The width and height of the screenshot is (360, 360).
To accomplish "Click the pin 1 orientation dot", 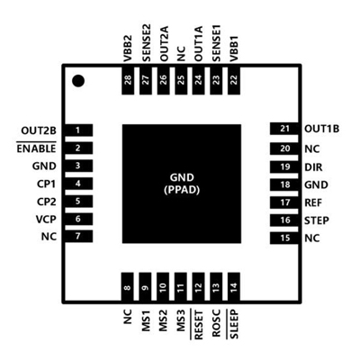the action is coord(78,81).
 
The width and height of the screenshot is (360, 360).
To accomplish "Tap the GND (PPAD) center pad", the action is coord(182,184).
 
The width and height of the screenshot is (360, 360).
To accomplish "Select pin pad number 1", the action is coord(78,130).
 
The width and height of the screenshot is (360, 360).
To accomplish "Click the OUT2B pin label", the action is coord(39,130).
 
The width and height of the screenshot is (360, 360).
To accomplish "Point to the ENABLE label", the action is coord(36,148).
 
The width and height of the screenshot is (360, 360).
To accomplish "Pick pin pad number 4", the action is coord(78,184).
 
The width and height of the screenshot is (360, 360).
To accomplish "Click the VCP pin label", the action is coord(46,220).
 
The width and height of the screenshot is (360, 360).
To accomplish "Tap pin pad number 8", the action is coord(128,287).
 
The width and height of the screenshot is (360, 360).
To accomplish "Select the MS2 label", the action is coord(163,320).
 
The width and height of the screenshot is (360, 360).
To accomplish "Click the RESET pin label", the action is coord(199,325).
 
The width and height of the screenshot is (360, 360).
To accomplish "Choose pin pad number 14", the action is coord(234,287).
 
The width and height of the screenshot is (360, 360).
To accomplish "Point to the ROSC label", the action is coord(216,323).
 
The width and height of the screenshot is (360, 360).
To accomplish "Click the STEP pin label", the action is coord(317,220).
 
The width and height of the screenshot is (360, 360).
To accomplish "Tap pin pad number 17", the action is coord(284,202).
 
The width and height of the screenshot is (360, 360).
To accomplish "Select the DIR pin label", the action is coord(313,167).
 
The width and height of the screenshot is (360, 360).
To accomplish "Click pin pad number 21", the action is coord(284,129).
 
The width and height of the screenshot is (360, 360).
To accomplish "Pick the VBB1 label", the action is coord(234,49).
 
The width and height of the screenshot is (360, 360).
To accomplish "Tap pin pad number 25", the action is coord(181,80).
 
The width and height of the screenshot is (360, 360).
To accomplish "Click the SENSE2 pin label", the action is coord(146,43).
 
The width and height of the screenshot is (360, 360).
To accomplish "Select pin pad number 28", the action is coord(128,80).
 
